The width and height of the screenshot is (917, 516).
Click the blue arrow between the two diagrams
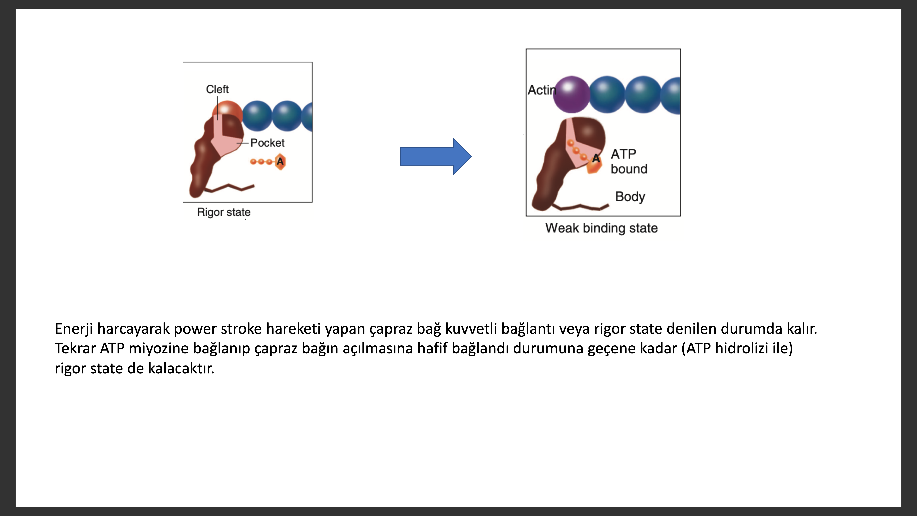point(436,156)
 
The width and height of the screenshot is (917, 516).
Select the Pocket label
point(267,143)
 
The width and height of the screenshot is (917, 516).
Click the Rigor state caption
point(224,212)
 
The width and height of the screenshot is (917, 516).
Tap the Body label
point(630,197)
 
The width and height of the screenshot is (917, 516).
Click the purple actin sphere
point(571,94)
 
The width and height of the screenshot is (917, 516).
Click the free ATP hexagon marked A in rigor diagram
point(280,162)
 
